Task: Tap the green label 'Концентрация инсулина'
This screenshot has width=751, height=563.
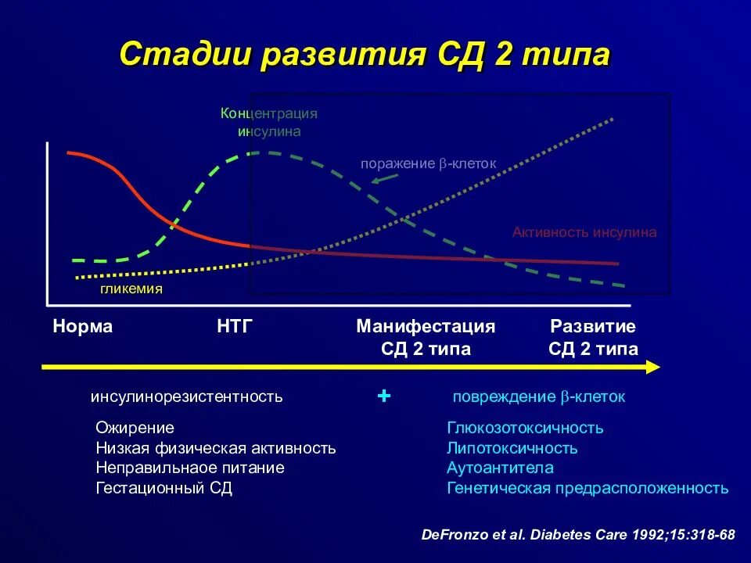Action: tap(269, 122)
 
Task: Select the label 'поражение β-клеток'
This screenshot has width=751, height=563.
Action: tap(428, 163)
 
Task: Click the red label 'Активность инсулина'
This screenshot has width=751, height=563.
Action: tap(584, 232)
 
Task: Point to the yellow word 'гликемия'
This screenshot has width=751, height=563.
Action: tap(131, 289)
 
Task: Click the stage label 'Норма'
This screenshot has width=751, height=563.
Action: tap(83, 327)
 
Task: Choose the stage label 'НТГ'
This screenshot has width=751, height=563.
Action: tap(235, 327)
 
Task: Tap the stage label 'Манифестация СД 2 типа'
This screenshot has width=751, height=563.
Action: tap(426, 338)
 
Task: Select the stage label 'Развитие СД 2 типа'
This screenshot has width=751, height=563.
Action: tap(593, 338)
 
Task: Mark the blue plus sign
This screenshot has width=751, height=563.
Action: tap(383, 396)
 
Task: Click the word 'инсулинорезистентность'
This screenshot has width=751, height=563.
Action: tap(186, 397)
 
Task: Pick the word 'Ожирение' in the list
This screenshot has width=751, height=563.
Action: tap(135, 429)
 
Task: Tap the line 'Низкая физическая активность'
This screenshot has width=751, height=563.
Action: tap(215, 449)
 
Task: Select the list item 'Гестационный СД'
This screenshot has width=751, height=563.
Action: tap(163, 489)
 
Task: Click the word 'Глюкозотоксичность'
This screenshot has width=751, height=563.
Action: tap(525, 429)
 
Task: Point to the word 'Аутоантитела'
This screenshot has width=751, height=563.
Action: tap(500, 468)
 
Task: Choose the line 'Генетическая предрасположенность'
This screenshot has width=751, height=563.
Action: tap(587, 489)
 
